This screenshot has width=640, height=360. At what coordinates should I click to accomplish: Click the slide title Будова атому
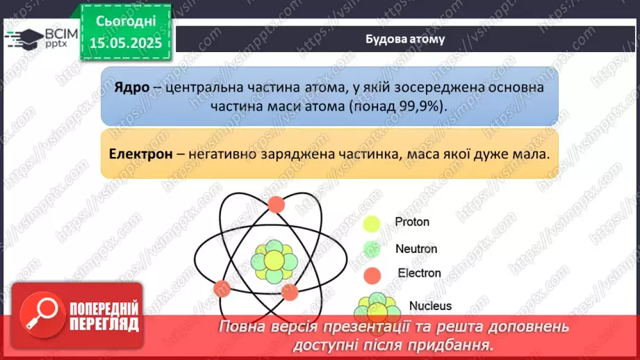405,39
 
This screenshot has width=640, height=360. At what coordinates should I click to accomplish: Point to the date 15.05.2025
126,43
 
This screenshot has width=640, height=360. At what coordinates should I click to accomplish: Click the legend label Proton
411,222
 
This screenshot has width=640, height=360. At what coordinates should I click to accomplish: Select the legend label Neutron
416,248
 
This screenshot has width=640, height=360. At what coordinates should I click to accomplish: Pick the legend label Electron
419,273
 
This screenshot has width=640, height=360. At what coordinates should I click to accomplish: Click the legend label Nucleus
430,305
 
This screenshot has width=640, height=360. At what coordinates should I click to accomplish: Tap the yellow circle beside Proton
372,224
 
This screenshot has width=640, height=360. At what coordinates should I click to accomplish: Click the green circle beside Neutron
372,249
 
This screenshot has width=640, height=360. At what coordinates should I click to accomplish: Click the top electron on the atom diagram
276,204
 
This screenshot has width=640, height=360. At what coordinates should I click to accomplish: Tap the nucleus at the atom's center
274,261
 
